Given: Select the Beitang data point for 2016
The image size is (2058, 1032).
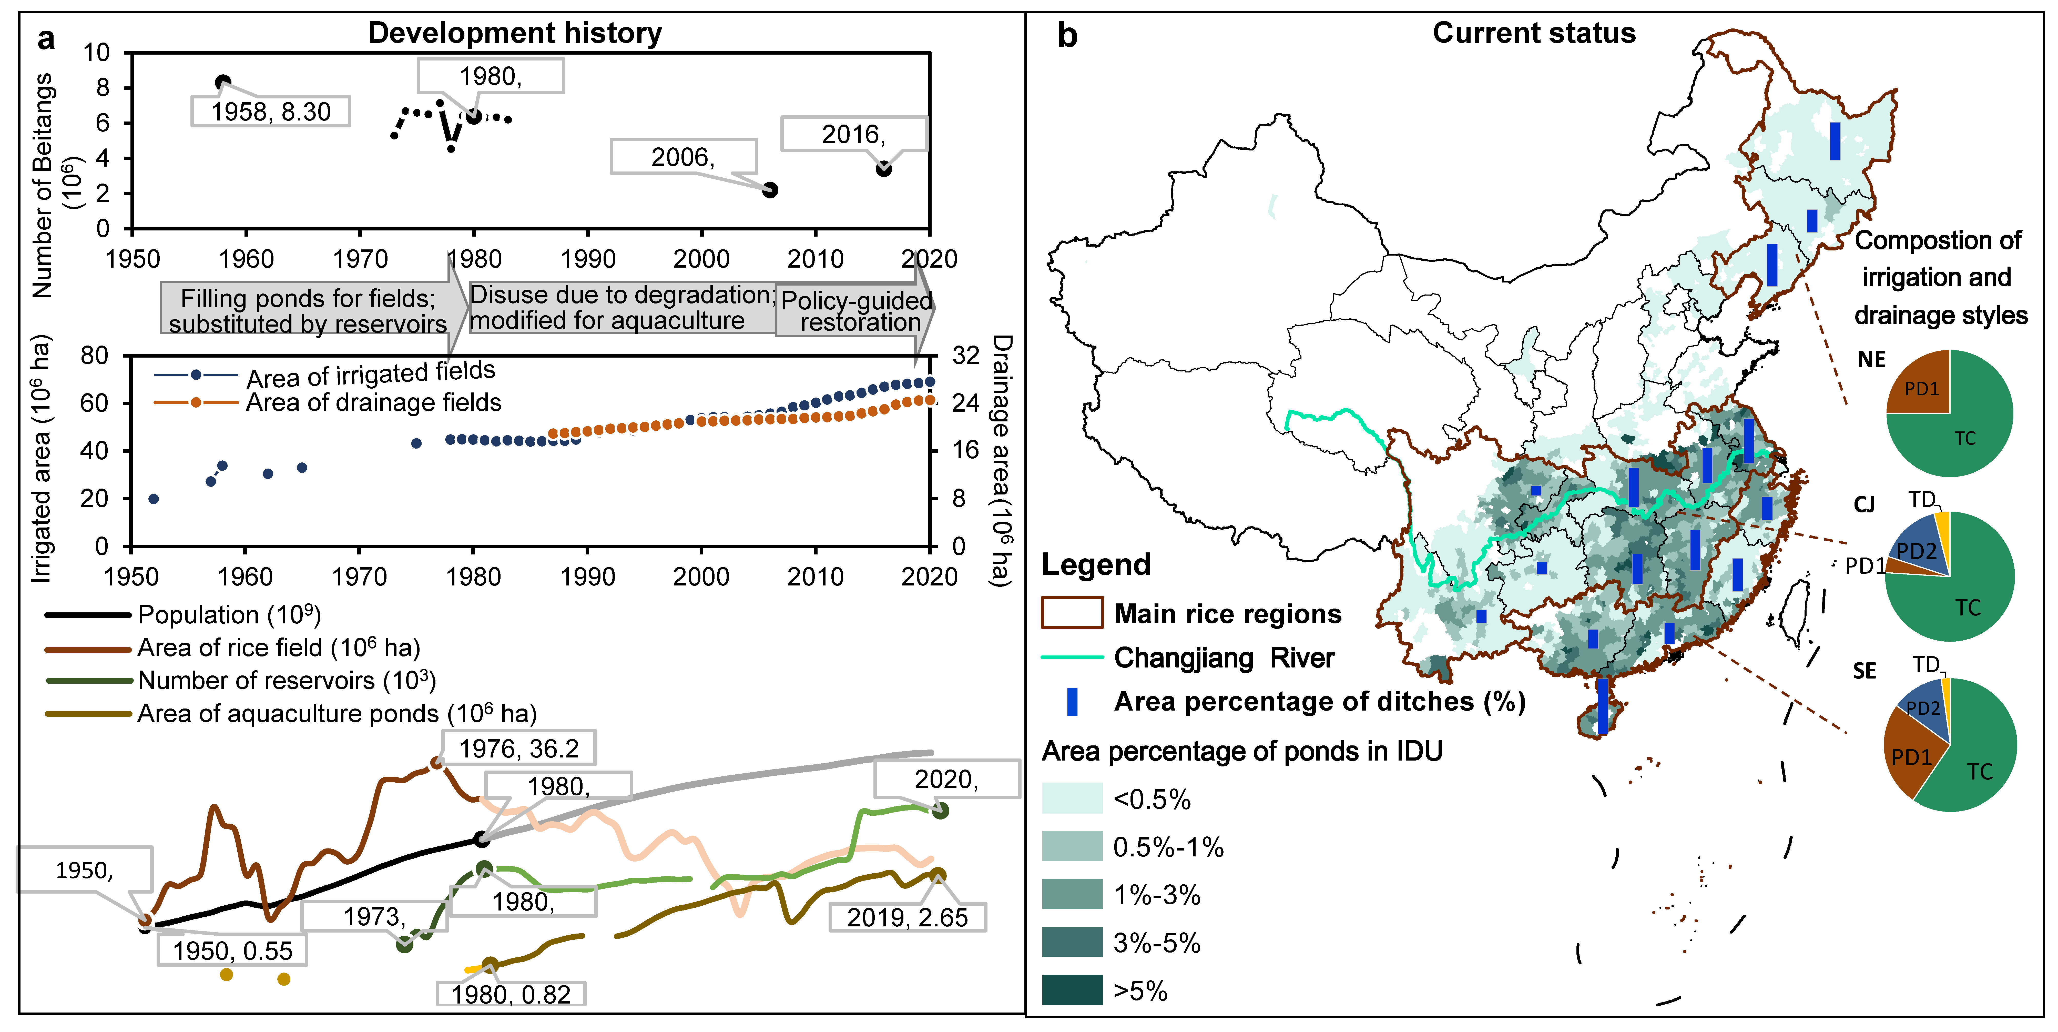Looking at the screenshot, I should click(884, 168).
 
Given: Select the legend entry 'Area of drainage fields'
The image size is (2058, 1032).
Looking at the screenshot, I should click(373, 403).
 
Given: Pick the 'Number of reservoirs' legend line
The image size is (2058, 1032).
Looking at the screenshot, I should click(88, 681).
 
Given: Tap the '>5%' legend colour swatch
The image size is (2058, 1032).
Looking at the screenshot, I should click(1071, 990).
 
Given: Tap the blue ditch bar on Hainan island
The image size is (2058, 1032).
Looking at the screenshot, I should click(1603, 706).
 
